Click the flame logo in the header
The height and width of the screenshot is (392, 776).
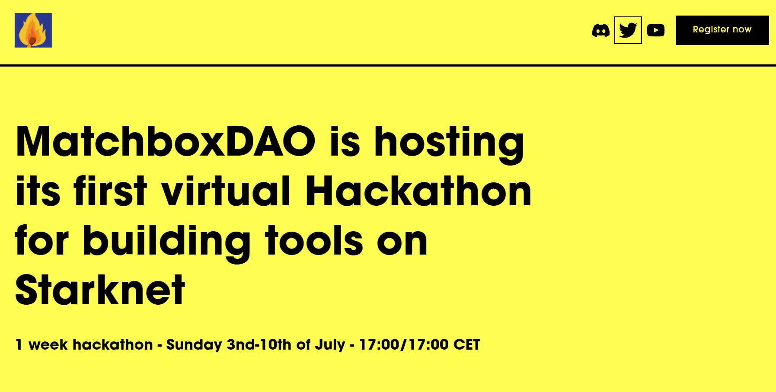click(33, 30)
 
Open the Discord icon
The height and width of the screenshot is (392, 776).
click(601, 30)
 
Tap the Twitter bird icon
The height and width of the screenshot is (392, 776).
click(628, 30)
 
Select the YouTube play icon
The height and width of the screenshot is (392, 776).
click(656, 30)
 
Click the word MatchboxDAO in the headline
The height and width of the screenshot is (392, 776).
click(166, 141)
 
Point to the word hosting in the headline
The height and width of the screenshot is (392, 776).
click(449, 144)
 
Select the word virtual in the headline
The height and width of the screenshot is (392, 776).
click(226, 191)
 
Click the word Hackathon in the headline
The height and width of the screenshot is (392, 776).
click(418, 191)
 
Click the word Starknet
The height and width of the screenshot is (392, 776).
click(100, 290)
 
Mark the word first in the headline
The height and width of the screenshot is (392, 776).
click(111, 191)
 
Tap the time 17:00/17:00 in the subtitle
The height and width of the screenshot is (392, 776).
click(404, 344)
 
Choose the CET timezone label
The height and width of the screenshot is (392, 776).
click(467, 344)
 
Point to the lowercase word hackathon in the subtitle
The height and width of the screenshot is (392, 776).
click(113, 344)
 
